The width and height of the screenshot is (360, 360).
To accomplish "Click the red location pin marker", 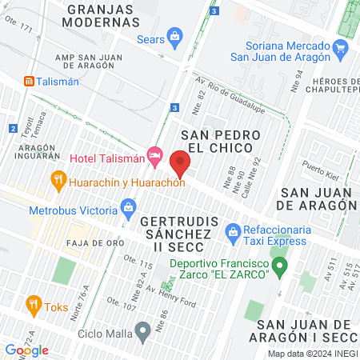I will tap(181, 163).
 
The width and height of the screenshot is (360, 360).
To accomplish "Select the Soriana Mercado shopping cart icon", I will tap(342, 46).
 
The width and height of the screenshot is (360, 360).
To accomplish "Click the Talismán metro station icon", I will tap(29, 81).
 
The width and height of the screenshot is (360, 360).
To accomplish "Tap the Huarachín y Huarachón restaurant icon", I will tap(58, 180).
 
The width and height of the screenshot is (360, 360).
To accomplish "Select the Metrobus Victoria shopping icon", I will tap(128, 210).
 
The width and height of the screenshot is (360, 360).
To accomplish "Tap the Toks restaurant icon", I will tap(33, 304).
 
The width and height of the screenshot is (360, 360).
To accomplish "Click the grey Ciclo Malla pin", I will tap(142, 330).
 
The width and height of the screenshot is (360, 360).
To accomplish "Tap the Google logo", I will tap(26, 350).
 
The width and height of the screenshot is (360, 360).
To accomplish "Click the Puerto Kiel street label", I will tap(322, 170).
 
